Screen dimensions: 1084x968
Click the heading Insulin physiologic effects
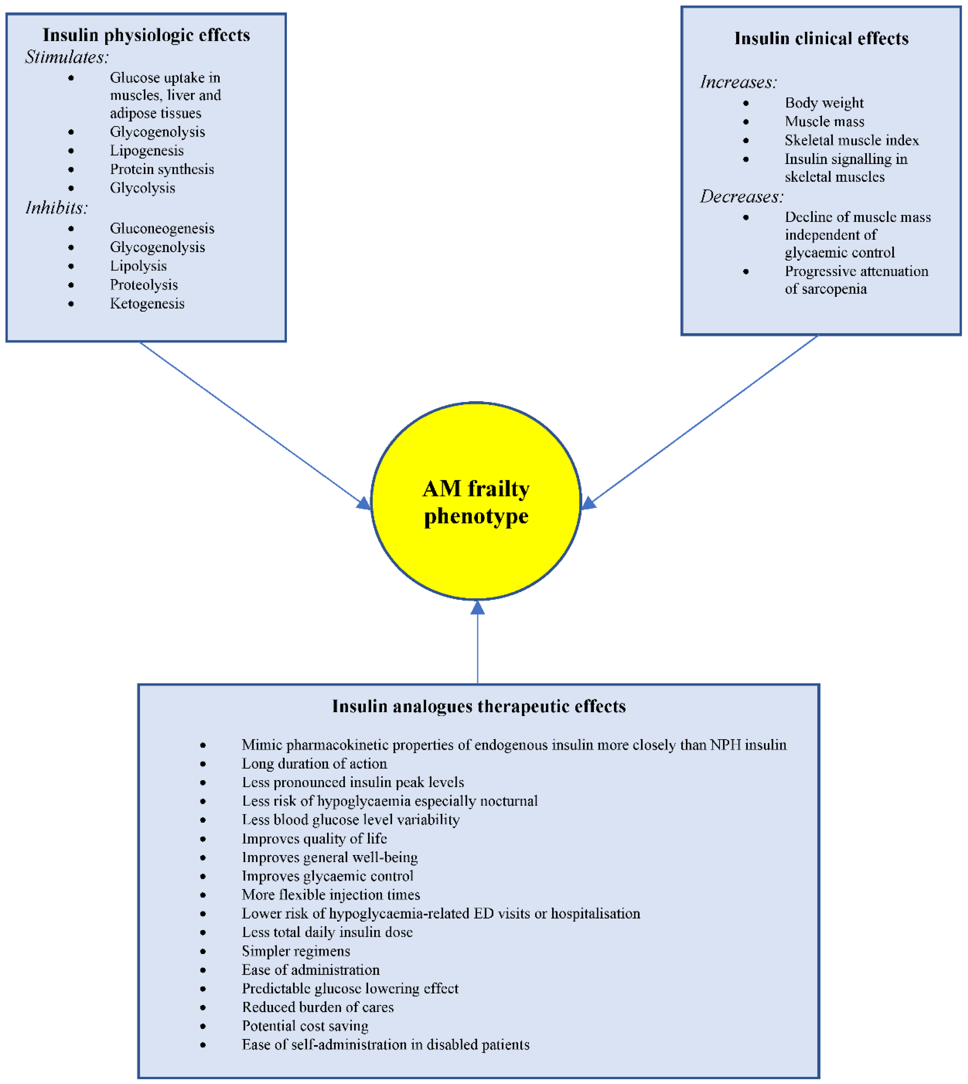click(146, 35)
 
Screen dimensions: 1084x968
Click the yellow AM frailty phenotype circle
click(476, 501)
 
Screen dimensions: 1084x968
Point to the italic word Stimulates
click(67, 57)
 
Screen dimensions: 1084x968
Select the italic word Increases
click(738, 82)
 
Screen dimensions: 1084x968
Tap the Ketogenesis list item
click(147, 303)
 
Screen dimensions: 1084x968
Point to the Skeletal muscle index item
click(851, 140)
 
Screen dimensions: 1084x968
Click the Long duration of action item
click(314, 764)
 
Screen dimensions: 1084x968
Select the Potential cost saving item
click(305, 1026)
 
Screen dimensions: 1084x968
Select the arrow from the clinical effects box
click(702, 420)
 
